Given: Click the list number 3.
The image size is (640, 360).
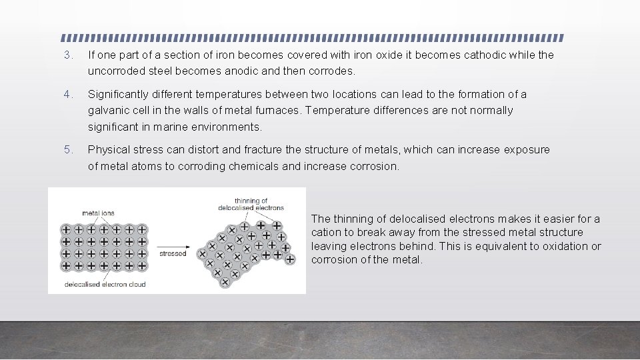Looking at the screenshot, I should click(67, 55).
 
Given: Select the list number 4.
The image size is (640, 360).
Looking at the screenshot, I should click(67, 95).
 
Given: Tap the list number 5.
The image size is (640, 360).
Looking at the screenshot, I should click(67, 150).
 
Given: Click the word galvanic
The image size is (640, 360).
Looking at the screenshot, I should click(107, 111).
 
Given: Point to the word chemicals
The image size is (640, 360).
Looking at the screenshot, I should click(254, 166).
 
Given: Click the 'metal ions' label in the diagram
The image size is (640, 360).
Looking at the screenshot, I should click(98, 213).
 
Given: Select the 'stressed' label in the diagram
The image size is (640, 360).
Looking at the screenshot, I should click(173, 254).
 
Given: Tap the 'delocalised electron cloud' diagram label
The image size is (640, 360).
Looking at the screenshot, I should click(105, 285).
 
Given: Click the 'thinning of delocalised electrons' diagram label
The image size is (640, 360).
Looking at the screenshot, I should click(251, 204).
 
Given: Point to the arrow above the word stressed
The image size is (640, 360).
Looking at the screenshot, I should click(173, 244).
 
